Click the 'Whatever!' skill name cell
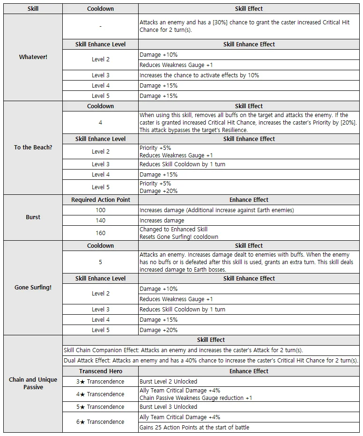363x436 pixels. (x=33, y=57)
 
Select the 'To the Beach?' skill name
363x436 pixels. (x=33, y=147)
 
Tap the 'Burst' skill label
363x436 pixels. (x=33, y=217)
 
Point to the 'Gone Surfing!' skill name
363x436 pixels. (x=33, y=288)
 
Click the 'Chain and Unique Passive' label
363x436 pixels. (x=33, y=383)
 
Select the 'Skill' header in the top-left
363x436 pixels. (x=33, y=9)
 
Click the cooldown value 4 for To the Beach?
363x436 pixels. (x=100, y=123)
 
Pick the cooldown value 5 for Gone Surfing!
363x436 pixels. (x=100, y=262)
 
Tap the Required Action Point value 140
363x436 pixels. (x=100, y=221)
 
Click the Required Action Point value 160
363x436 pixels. (x=100, y=233)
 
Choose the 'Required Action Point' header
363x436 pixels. (x=100, y=200)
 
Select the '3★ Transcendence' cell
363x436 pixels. (x=100, y=382)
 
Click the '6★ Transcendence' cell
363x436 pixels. (x=100, y=422)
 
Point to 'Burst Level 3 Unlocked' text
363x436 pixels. (x=168, y=407)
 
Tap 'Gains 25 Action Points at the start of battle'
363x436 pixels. (x=194, y=427)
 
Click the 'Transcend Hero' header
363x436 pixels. (x=100, y=371)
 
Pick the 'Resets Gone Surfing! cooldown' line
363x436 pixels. (x=179, y=237)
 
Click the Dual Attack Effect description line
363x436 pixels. (x=211, y=361)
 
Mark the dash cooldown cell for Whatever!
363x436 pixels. (x=100, y=27)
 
